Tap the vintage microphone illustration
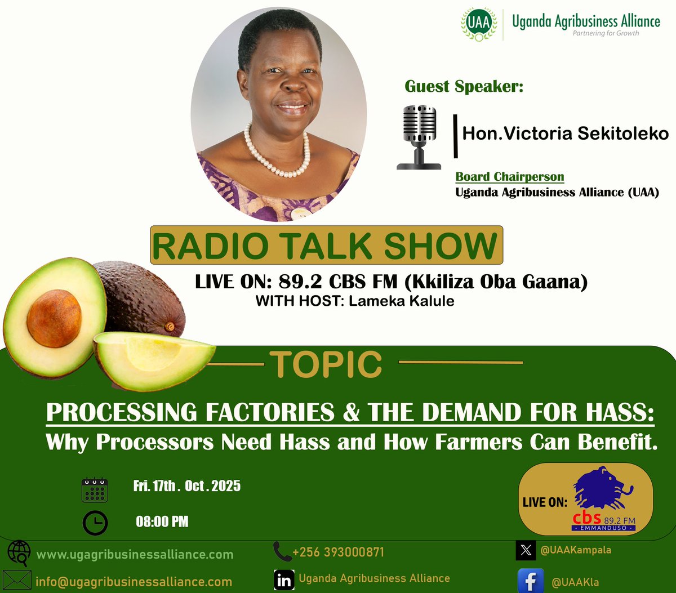tap(419, 137)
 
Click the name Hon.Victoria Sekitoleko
tap(565, 133)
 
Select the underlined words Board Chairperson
tap(509, 177)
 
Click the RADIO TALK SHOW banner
tap(326, 246)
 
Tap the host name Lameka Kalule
tap(401, 301)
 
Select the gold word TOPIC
tap(326, 364)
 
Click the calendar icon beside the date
tap(95, 489)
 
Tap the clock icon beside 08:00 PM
tap(95, 523)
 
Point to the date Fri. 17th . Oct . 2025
tap(186, 485)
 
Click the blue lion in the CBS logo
tap(602, 488)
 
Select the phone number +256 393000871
tap(338, 552)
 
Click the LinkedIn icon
tap(284, 580)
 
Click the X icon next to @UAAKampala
tap(526, 550)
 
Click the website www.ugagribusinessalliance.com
tap(135, 555)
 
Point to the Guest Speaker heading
tap(464, 87)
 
